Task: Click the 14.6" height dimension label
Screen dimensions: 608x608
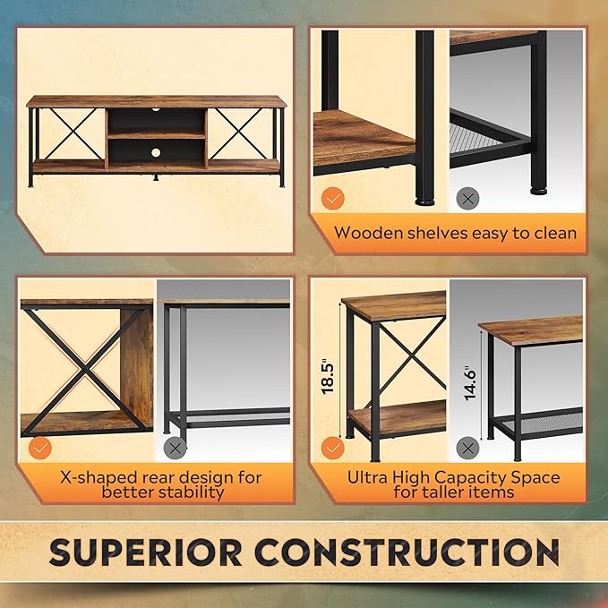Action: [x=470, y=383]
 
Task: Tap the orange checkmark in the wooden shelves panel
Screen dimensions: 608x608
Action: [x=333, y=199]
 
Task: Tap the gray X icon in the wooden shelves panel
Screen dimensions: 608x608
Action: [x=467, y=199]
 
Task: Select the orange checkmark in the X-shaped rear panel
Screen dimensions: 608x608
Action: [x=40, y=449]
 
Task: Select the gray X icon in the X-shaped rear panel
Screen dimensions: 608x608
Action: [x=176, y=449]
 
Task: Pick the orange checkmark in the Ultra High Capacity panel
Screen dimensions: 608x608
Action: [x=333, y=449]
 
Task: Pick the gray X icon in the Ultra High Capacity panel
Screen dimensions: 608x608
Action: [x=467, y=449]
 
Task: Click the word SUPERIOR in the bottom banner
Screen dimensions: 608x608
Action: [x=146, y=552]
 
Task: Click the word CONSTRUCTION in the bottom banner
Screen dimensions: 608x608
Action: [x=407, y=552]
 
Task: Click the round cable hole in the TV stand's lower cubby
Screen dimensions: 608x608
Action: [x=156, y=152]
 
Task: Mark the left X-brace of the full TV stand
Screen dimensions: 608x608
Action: [x=73, y=133]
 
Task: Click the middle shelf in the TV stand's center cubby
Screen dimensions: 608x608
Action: [x=157, y=135]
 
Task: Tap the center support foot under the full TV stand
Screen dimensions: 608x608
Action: [x=156, y=177]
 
